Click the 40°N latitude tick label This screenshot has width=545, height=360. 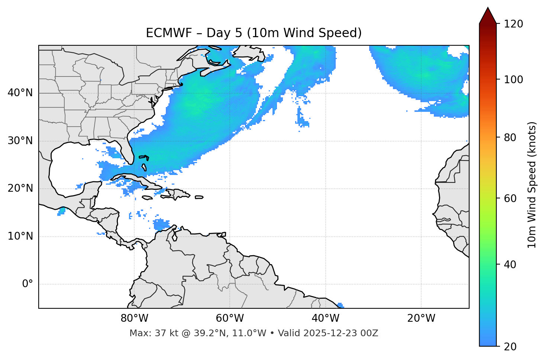point(20,93)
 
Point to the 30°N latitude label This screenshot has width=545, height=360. point(20,141)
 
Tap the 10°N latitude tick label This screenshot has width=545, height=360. point(20,236)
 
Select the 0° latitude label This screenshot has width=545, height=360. point(28,284)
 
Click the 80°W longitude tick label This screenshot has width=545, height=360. point(134,318)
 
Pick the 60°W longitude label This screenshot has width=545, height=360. point(230,318)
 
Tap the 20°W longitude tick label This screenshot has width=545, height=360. point(421,318)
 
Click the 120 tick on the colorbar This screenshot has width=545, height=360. point(513,24)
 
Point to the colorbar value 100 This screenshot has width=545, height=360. point(513,80)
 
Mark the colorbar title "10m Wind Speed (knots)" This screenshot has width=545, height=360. point(532,185)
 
